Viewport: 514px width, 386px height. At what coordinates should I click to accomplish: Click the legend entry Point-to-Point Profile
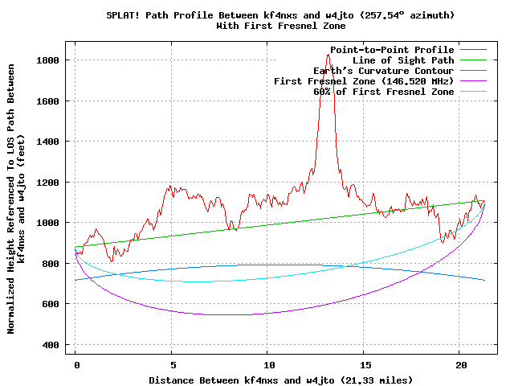click(x=392, y=50)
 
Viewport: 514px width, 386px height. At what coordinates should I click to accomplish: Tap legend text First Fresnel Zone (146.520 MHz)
click(x=364, y=81)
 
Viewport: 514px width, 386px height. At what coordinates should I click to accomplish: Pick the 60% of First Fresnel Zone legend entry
click(x=384, y=92)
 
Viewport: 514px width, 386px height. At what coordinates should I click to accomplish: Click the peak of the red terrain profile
click(x=328, y=55)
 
